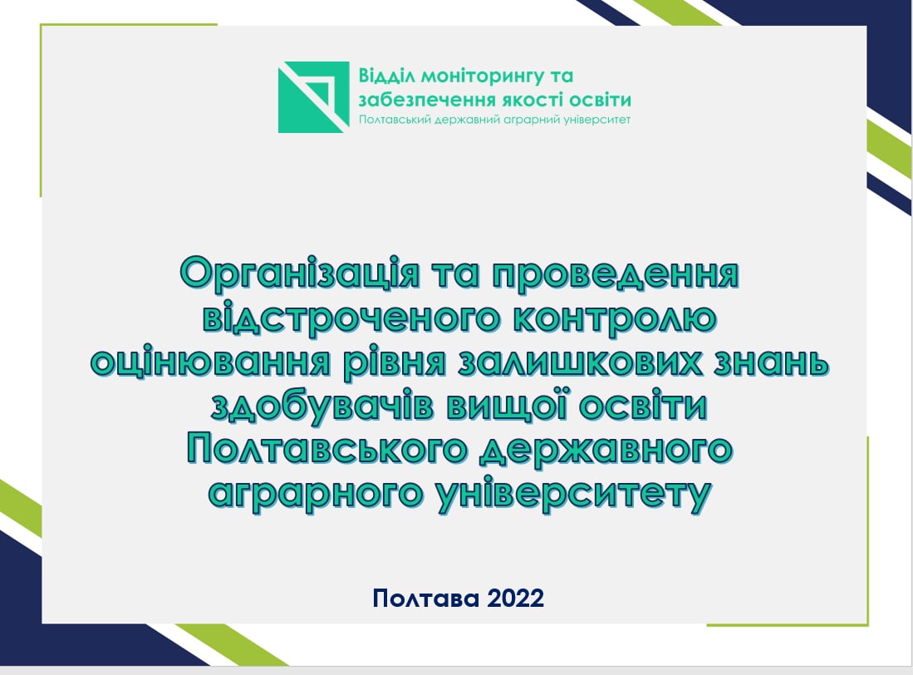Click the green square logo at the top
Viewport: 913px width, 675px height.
pyautogui.click(x=313, y=97)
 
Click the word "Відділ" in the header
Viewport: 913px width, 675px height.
pyautogui.click(x=386, y=76)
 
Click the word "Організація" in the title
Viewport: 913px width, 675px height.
pyautogui.click(x=299, y=273)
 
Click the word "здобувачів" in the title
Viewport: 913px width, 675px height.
pyautogui.click(x=322, y=406)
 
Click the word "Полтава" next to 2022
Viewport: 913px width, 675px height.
pyautogui.click(x=426, y=599)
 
